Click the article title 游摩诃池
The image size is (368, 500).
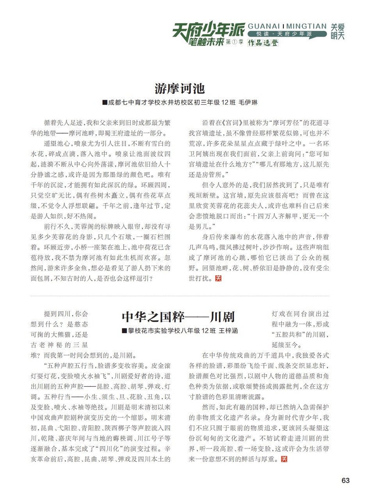(x=180, y=88)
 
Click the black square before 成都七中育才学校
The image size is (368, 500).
(x=104, y=103)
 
